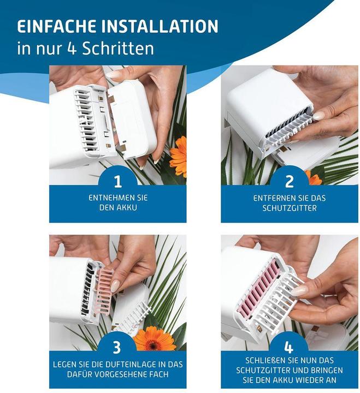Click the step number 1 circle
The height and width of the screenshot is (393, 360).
tap(117, 181)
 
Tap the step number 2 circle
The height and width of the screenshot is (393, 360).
tap(289, 181)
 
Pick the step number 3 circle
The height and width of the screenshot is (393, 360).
tap(117, 347)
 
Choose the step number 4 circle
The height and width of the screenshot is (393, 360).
tap(289, 347)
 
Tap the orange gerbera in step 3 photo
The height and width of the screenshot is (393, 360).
tap(155, 338)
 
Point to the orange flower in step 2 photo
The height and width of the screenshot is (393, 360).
tap(314, 178)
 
